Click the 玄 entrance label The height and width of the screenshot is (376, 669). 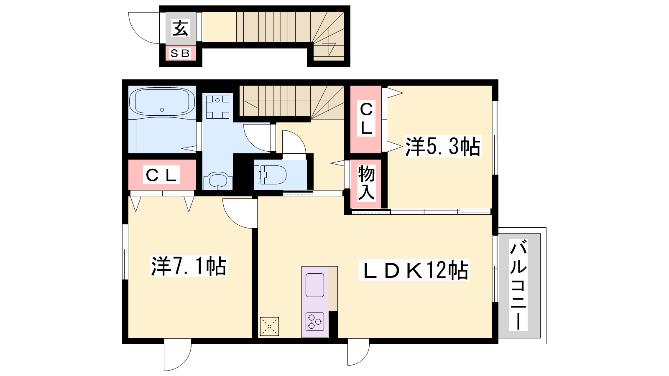point(181,28)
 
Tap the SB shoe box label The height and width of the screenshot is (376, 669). point(180,53)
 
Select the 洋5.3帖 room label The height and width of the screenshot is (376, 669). point(443,146)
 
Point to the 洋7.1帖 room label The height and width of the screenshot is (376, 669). point(189,266)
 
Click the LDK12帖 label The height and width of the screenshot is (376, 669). point(414,270)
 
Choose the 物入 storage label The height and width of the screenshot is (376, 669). point(366,183)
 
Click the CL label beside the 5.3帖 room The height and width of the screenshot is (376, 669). point(366,119)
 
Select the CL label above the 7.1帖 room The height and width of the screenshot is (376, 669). point(161,175)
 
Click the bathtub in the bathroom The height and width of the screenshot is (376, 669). point(162,102)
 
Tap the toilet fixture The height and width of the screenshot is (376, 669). point(270,175)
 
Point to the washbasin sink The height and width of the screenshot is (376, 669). point(218,180)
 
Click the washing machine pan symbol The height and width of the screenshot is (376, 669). point(217,107)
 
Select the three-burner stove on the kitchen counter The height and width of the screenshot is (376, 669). point(315,321)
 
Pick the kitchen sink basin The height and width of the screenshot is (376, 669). point(315,285)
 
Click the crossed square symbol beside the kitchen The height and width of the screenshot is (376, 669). point(269,326)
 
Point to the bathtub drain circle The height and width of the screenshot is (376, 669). point(162,109)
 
